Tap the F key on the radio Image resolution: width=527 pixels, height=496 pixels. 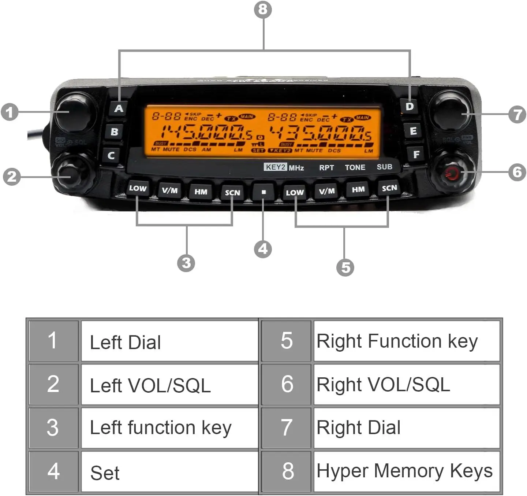pos(416,154)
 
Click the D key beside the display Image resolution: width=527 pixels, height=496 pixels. pos(409,107)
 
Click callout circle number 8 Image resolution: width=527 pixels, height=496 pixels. pos(263,9)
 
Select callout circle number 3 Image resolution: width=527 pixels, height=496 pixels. pos(186,263)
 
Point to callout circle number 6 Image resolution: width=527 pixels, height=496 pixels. pos(517,171)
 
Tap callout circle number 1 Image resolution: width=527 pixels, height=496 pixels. pos(10,112)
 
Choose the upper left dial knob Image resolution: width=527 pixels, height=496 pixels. pos(75,111)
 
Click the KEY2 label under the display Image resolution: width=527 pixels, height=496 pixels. pos(275,167)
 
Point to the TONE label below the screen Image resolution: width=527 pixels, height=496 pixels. pos(355,167)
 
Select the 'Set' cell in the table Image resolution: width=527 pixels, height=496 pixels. pos(169,472)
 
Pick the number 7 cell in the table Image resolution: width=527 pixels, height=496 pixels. pos(287,427)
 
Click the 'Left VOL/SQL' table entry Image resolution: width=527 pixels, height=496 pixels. pos(169,385)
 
